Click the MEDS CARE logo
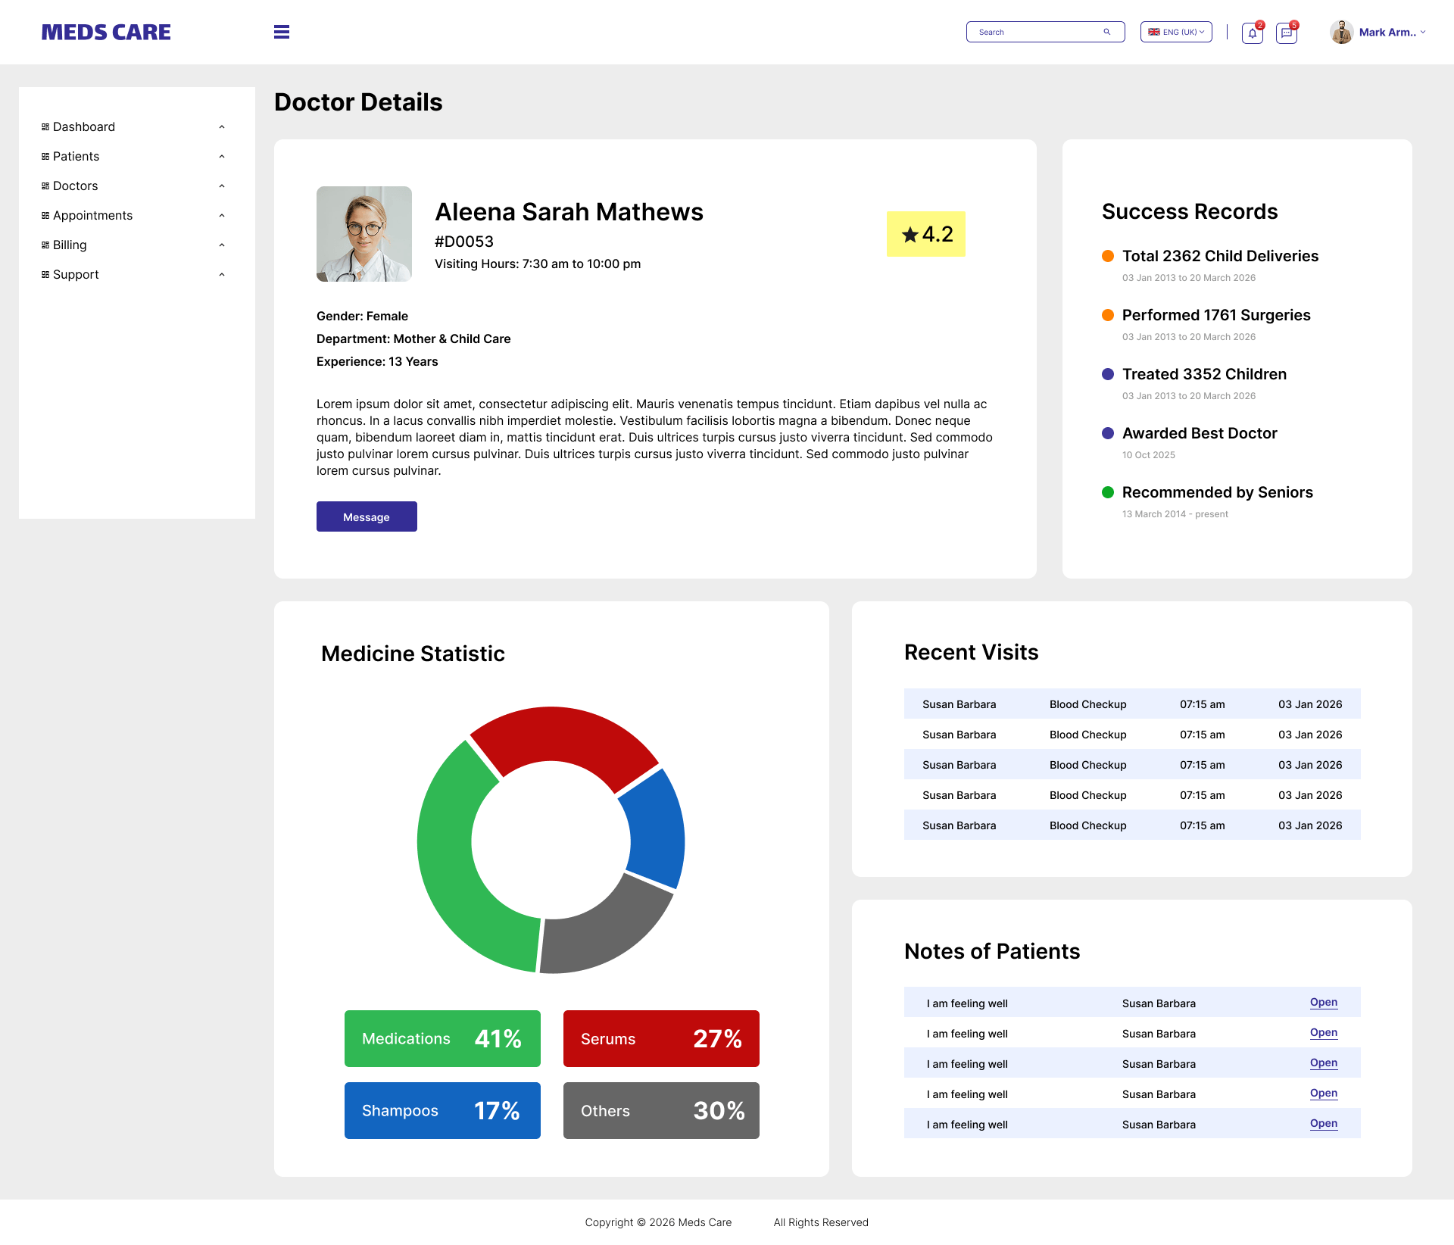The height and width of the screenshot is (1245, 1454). click(x=106, y=32)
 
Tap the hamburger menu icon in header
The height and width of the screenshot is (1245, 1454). click(x=282, y=32)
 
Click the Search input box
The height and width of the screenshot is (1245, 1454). click(x=1037, y=32)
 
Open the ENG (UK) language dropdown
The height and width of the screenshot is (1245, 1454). click(x=1176, y=32)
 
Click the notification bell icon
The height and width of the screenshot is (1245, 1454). click(x=1252, y=33)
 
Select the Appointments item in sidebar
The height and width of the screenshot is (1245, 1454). click(x=92, y=215)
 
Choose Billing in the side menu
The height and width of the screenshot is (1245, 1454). click(x=70, y=245)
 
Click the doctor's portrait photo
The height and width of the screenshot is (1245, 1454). click(x=364, y=234)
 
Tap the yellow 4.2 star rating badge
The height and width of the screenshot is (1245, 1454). click(x=926, y=234)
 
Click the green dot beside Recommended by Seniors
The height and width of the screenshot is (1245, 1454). click(x=1108, y=492)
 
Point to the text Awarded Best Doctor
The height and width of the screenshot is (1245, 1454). click(x=1200, y=433)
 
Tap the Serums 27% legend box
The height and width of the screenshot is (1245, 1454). click(x=661, y=1038)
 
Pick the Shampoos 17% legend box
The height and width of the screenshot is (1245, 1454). click(x=442, y=1110)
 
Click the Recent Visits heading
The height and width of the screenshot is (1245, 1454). click(x=971, y=652)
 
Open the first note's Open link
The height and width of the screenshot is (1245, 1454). click(x=1323, y=1002)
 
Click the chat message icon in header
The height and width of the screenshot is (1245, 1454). click(x=1286, y=33)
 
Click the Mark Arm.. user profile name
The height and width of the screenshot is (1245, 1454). click(x=1387, y=32)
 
